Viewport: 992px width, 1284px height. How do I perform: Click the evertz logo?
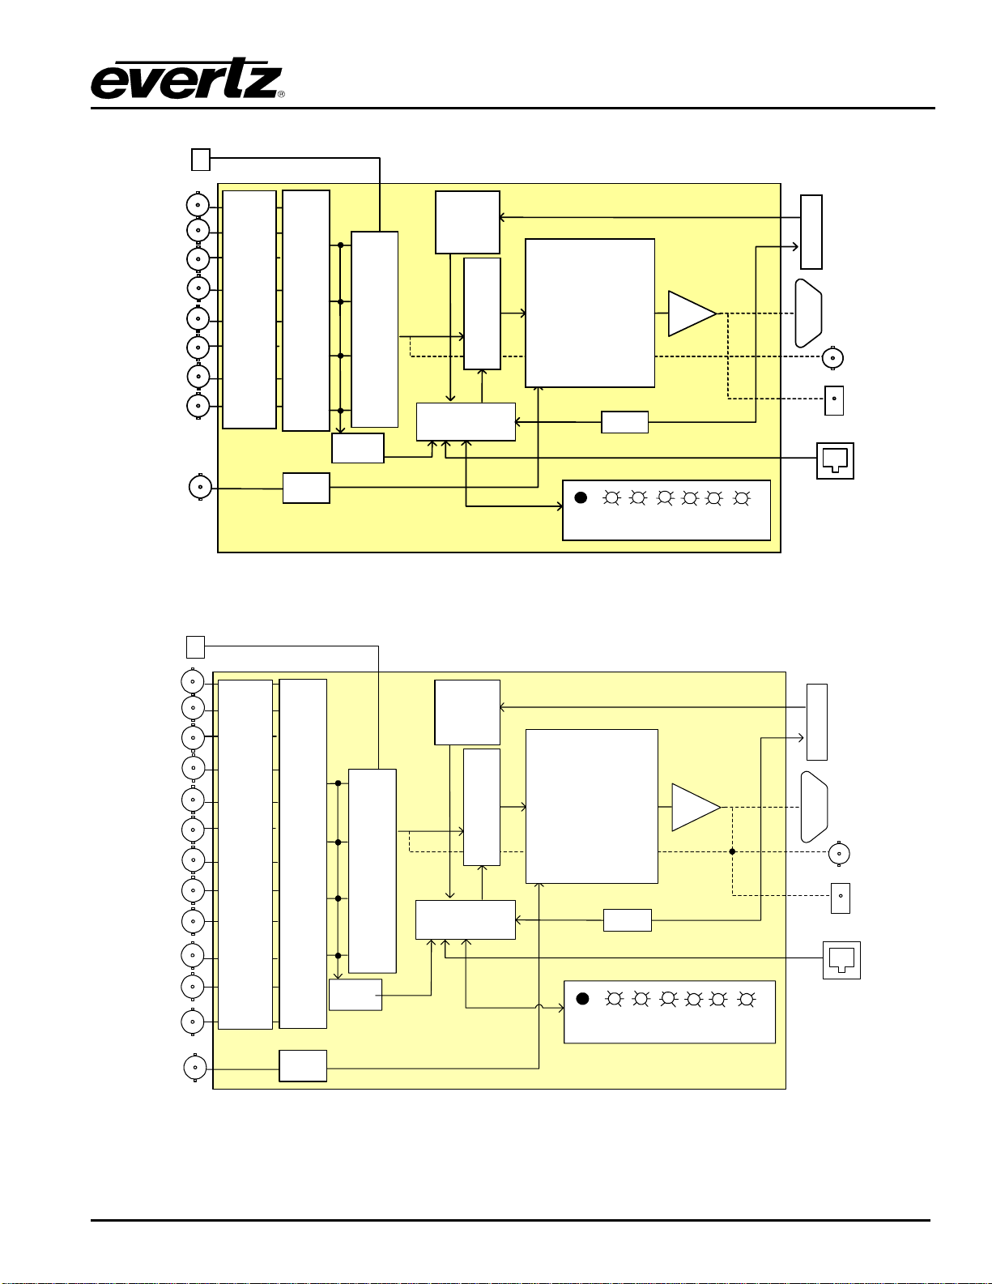click(x=185, y=79)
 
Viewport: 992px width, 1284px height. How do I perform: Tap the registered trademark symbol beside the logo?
click(x=281, y=95)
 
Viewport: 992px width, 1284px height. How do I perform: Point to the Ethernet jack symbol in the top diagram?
click(x=835, y=460)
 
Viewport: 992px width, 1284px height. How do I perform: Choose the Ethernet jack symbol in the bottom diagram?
click(x=841, y=960)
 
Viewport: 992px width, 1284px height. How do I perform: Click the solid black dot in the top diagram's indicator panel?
click(x=581, y=497)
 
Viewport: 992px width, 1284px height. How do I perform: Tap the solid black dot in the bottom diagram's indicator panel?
click(x=582, y=999)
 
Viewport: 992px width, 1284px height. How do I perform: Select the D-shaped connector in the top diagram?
click(x=809, y=314)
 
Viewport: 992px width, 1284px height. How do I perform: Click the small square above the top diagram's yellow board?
click(x=201, y=160)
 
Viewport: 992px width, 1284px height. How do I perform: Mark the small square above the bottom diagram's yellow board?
click(x=195, y=646)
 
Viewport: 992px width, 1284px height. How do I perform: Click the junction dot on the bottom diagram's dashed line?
click(x=732, y=851)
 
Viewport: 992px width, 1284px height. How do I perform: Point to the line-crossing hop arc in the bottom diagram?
click(x=539, y=1008)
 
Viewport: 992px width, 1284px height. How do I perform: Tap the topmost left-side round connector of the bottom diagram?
click(x=193, y=681)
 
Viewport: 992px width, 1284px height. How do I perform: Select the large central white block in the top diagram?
click(x=590, y=313)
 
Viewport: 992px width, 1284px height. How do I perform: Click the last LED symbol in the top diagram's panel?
click(x=740, y=498)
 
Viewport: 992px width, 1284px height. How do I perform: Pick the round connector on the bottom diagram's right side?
click(x=839, y=853)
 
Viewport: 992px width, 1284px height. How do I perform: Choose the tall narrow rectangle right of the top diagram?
click(x=811, y=232)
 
